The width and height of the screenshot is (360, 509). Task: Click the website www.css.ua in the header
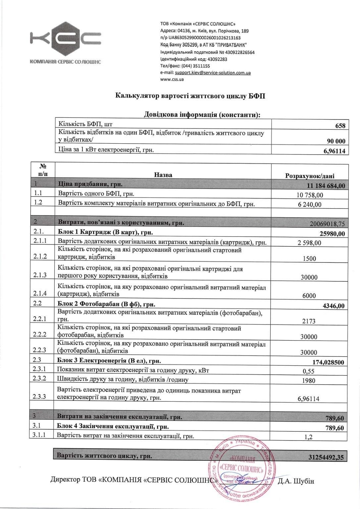point(172,79)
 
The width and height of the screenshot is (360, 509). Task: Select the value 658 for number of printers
point(340,126)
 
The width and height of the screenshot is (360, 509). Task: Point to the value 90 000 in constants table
point(336,141)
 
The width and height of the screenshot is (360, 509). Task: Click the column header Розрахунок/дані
point(310,176)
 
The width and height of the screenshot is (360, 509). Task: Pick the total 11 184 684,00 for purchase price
point(326,186)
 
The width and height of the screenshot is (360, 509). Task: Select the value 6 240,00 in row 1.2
point(310,205)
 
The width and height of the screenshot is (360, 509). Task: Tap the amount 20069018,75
point(327,224)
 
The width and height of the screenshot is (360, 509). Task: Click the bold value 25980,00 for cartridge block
point(332,234)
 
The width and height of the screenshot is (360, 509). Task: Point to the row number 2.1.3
point(40,275)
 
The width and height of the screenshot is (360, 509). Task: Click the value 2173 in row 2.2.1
point(309,321)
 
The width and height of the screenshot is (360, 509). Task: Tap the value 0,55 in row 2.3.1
point(309,371)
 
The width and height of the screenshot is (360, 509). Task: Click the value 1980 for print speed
point(309,381)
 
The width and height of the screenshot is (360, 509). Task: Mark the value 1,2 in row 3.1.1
point(309,437)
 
